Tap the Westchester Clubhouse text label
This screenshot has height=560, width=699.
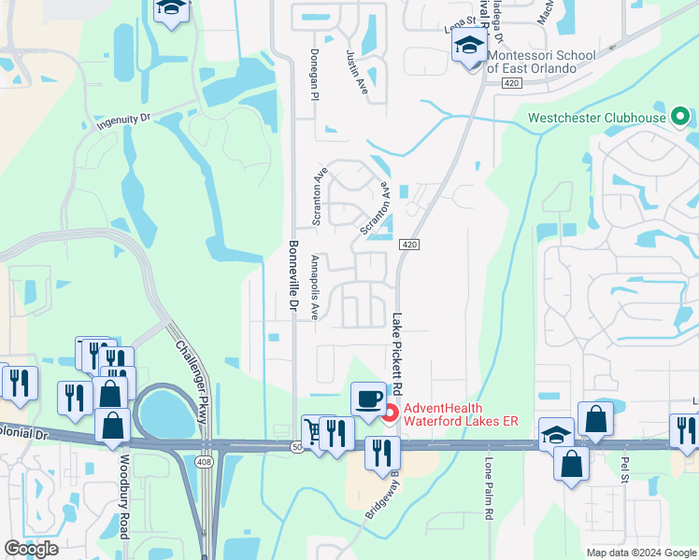click(x=597, y=118)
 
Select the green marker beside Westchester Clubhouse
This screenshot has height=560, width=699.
click(x=680, y=118)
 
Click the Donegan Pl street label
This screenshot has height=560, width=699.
click(x=315, y=76)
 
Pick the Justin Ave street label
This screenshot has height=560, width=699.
click(x=354, y=76)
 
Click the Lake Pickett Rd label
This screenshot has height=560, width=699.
click(x=397, y=352)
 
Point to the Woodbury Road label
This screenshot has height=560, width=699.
click(x=122, y=496)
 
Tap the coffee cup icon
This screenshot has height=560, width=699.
click(x=368, y=399)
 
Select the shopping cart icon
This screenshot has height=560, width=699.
click(x=313, y=430)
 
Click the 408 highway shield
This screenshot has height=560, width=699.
click(x=205, y=462)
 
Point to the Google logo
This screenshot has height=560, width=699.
click(x=31, y=549)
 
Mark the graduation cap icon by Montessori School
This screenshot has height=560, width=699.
click(x=470, y=46)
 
